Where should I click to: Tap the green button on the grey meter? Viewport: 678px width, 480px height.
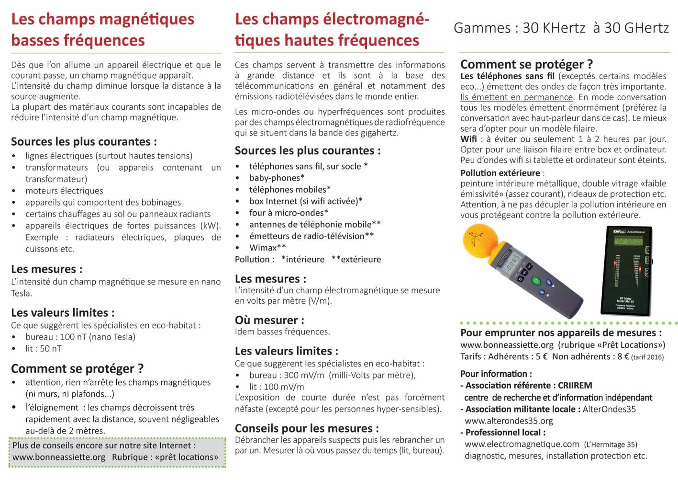coord(536,281)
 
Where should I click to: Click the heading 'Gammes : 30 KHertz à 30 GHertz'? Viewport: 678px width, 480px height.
coord(561,28)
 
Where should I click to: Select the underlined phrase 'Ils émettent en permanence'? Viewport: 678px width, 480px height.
coord(516,97)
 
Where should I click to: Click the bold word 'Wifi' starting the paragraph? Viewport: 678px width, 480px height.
coord(468,139)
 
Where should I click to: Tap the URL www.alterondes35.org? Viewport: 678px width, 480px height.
coord(509,421)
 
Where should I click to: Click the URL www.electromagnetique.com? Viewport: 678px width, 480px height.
coord(522,444)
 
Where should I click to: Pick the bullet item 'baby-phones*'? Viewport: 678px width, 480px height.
coord(277,178)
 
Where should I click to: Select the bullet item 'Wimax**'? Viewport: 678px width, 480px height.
coord(267,248)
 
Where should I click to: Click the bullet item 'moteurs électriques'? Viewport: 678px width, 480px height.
coord(64,191)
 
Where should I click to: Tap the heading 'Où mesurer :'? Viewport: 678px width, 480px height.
coord(269,320)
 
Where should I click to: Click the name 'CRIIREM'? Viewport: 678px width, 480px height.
coord(575,386)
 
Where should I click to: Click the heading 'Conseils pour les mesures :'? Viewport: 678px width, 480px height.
coord(307,428)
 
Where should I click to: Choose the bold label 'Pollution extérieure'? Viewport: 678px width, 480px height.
coord(500,173)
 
